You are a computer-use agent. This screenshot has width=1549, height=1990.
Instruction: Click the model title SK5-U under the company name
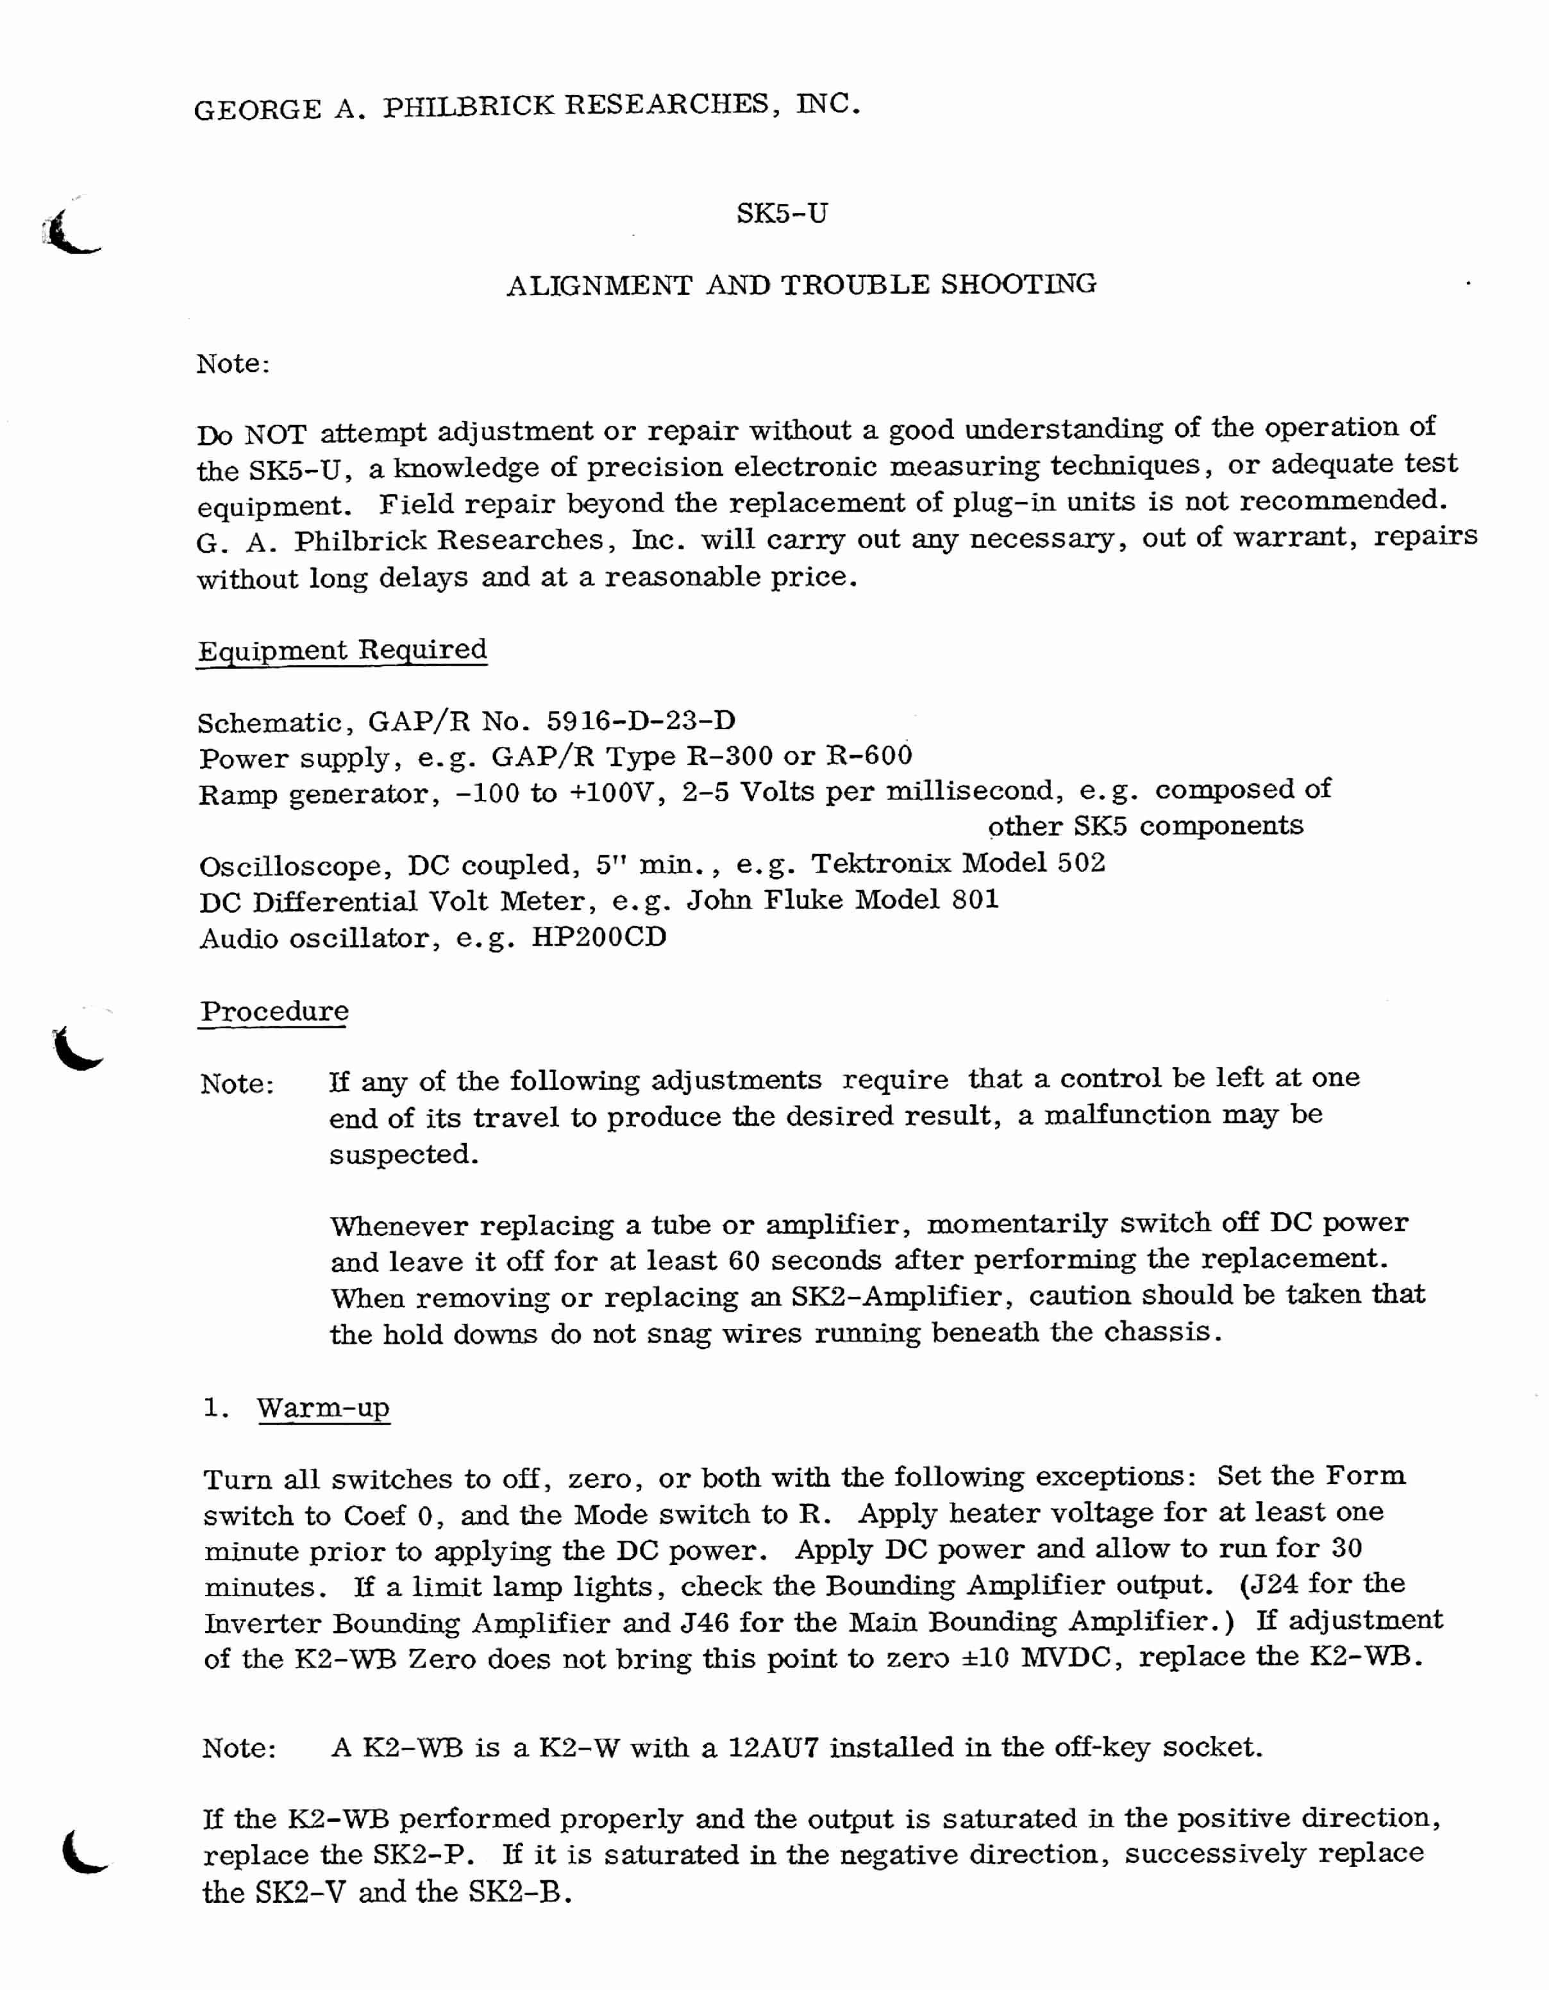tap(782, 214)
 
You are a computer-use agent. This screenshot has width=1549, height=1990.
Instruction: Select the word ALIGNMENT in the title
tap(599, 286)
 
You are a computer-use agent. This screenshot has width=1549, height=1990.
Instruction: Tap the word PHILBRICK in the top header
tap(467, 106)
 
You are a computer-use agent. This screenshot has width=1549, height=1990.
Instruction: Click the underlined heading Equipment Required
tap(342, 651)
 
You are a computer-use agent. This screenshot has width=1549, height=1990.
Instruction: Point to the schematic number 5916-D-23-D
tap(641, 722)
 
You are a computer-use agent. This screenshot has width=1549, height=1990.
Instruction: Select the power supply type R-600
tap(868, 757)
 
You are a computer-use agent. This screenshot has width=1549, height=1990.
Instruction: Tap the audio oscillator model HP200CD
tap(599, 937)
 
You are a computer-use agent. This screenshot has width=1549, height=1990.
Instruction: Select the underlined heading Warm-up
tap(324, 1408)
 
